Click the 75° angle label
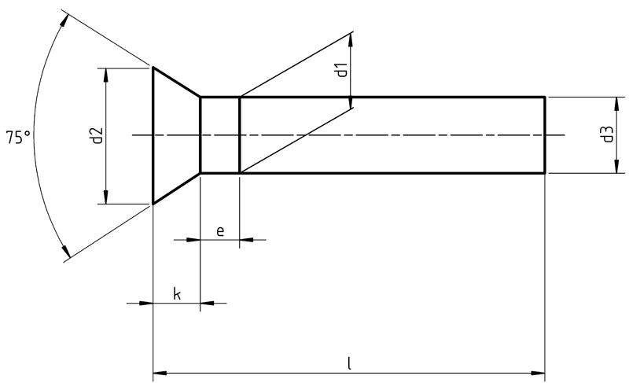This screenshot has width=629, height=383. click(x=18, y=137)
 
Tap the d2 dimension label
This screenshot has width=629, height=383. click(x=97, y=136)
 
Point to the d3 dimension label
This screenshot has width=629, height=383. click(x=607, y=134)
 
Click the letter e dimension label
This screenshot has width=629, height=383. click(x=220, y=231)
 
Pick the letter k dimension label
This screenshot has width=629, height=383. click(x=177, y=294)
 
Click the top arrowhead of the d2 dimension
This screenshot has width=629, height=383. click(x=106, y=75)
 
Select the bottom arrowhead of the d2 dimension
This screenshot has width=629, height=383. click(x=106, y=197)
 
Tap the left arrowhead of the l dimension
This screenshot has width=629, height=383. click(x=160, y=373)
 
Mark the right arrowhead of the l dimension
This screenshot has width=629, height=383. click(x=539, y=373)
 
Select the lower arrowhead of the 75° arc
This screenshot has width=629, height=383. click(x=65, y=250)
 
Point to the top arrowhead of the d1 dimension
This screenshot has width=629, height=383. click(x=351, y=41)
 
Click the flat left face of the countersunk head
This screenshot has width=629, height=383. click(x=153, y=135)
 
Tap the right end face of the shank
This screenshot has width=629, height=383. click(x=545, y=135)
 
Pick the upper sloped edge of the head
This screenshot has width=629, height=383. click(x=176, y=82)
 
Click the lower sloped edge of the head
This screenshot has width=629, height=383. click(x=176, y=189)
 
